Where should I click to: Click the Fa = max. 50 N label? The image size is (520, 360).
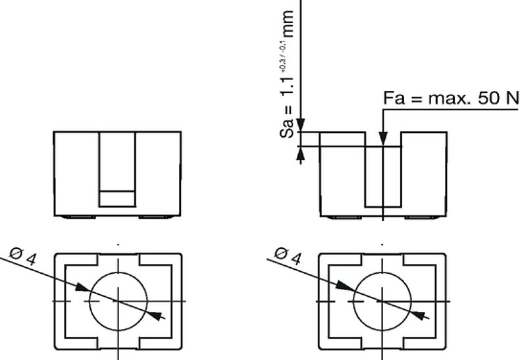(x=451, y=98)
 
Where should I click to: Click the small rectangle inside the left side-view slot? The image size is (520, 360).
(x=118, y=198)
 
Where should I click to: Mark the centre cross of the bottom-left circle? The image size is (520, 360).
(x=118, y=301)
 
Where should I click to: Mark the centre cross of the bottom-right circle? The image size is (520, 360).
(x=382, y=301)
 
